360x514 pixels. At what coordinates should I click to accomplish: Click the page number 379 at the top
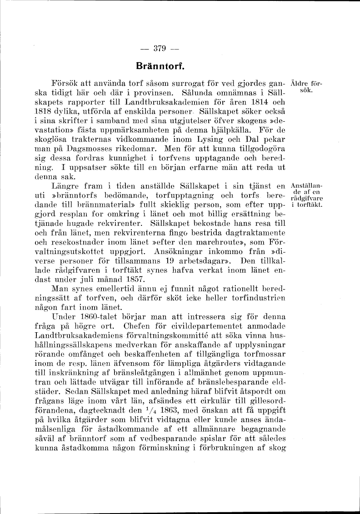155,49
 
